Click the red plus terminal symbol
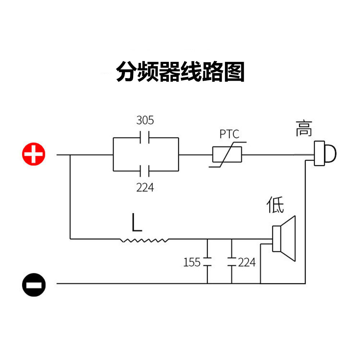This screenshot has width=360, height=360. click(33, 154)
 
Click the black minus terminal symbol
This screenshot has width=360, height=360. click(34, 285)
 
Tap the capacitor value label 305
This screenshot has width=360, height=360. click(145, 120)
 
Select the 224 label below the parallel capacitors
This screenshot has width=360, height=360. click(145, 187)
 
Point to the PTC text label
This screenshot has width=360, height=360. click(229, 134)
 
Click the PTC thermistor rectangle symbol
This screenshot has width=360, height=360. click(227, 154)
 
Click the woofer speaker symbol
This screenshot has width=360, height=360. click(284, 239)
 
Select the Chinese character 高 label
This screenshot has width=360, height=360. click(304, 129)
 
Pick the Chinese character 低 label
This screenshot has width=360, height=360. click(275, 204)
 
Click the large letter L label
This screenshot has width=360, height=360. click(137, 222)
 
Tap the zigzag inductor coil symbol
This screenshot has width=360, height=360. click(144, 240)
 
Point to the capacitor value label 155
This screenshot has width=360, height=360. click(192, 262)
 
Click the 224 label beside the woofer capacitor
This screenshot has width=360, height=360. click(247, 262)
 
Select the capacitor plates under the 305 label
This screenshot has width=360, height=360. click(145, 137)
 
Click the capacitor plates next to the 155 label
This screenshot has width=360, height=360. click(207, 262)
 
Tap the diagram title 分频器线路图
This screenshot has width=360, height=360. click(180, 72)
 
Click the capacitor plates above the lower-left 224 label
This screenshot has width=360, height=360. click(145, 171)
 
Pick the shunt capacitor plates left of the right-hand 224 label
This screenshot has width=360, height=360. click(231, 262)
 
